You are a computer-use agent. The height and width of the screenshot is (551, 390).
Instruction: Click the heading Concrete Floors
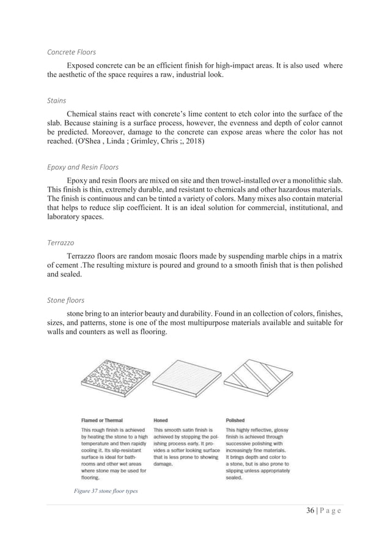click(x=72, y=52)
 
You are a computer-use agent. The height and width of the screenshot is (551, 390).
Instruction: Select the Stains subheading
click(x=57, y=100)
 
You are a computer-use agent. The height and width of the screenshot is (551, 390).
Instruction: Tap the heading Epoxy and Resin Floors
click(x=83, y=166)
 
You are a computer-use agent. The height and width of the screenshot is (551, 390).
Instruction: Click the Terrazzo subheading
click(x=61, y=243)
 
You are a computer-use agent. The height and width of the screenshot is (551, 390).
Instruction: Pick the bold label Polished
click(x=235, y=421)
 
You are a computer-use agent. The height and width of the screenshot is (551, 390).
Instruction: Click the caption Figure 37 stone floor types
click(x=102, y=491)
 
